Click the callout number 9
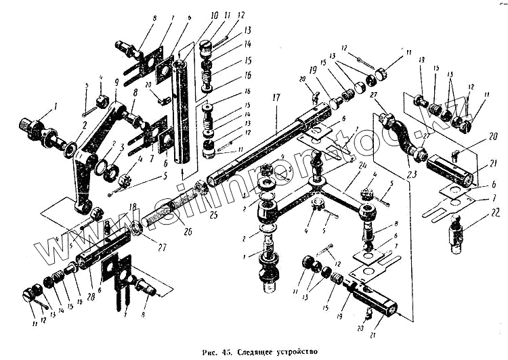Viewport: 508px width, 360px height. tap(116, 83)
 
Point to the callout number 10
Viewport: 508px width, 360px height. tap(194, 15)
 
